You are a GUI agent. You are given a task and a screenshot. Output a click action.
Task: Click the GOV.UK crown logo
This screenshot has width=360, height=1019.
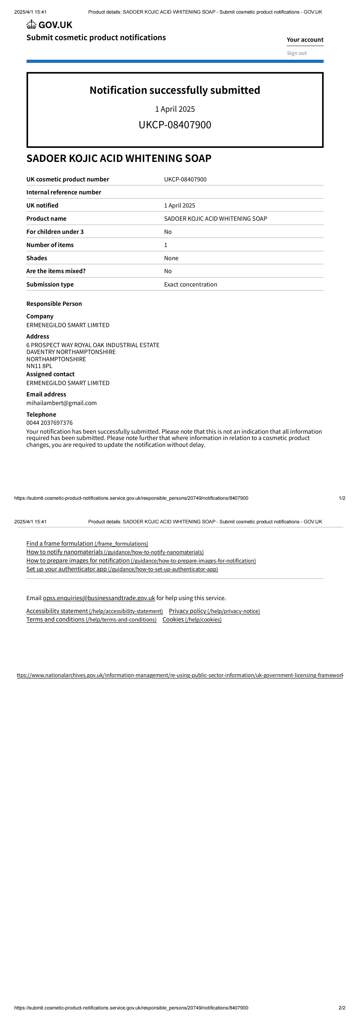[x=31, y=25]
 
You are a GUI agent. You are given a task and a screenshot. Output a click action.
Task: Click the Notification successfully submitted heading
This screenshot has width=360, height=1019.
[x=175, y=90]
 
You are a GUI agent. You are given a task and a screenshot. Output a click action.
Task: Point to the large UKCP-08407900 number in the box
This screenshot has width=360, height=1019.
[x=175, y=125]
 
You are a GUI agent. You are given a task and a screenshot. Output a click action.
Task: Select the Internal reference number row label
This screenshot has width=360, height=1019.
[x=64, y=192]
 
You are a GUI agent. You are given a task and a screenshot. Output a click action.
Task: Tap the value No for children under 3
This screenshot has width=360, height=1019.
[x=168, y=232]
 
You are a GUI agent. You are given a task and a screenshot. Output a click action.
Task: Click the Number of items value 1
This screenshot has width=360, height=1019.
[x=165, y=245]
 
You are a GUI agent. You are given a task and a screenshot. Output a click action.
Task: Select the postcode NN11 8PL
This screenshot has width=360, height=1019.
[x=39, y=366]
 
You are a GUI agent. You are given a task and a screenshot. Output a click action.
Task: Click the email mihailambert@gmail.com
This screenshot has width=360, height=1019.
[x=61, y=403]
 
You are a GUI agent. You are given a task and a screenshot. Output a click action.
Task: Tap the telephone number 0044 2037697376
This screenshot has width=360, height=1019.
[x=49, y=423]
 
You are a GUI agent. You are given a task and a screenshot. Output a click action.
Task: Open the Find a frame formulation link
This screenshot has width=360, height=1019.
[x=87, y=544]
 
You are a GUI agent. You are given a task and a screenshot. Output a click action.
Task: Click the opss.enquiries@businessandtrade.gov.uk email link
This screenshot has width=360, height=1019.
[x=99, y=598]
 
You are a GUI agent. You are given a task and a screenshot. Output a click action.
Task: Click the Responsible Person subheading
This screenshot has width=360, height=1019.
[x=54, y=304]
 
